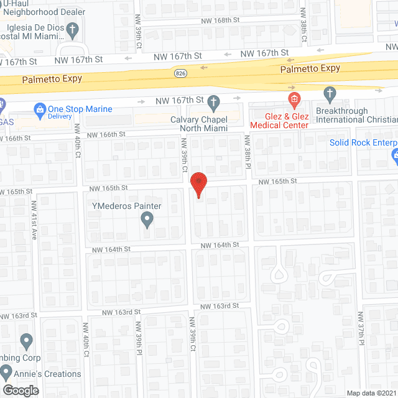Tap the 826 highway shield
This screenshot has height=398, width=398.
tap(180, 73)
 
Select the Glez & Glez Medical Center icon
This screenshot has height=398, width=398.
tap(294, 99)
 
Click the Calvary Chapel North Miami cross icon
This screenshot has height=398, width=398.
tap(214, 101)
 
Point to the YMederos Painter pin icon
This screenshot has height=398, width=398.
tap(147, 219)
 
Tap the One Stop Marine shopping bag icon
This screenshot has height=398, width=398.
tap(40, 110)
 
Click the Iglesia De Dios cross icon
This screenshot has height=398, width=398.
tap(73, 29)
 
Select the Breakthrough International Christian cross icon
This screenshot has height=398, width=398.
tap(330, 95)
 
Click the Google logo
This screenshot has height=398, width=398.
tap(20, 390)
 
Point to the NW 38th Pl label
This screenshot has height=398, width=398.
tap(246, 151)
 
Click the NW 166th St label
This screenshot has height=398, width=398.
tap(106, 134)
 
